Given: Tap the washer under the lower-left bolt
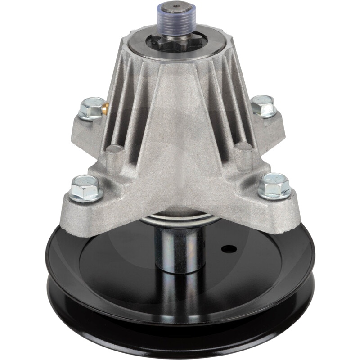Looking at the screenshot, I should (x=85, y=197).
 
